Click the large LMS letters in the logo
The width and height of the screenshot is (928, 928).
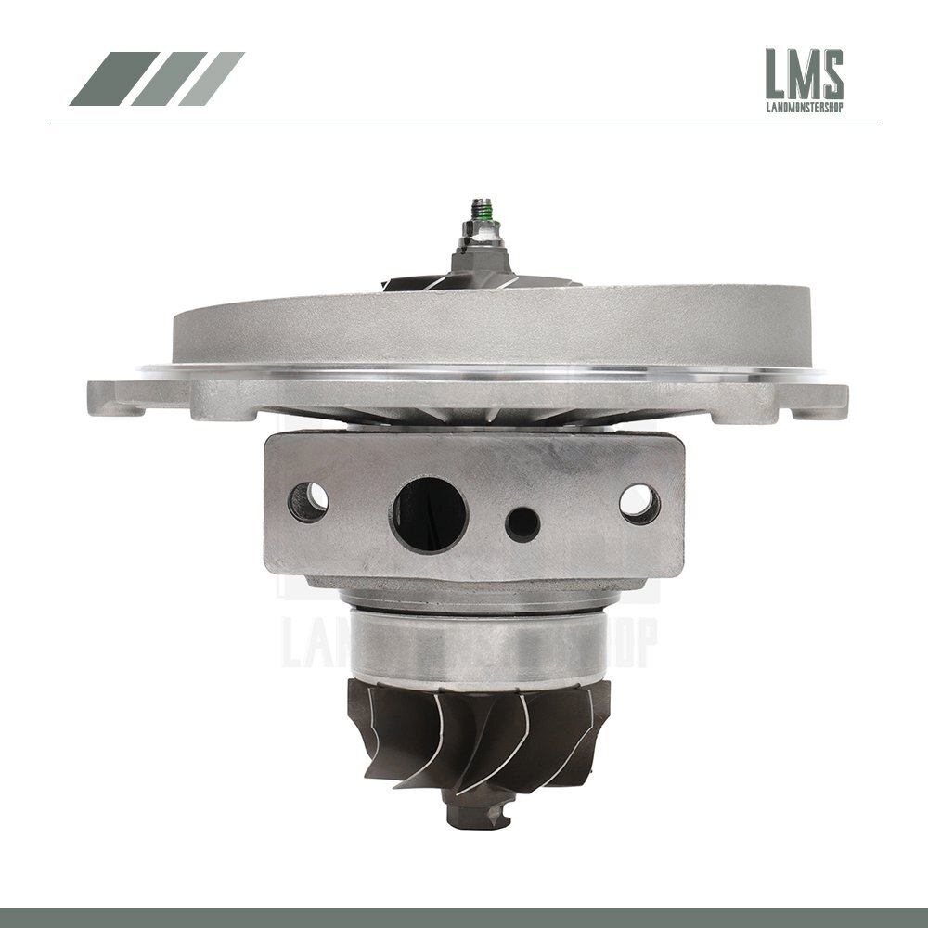tap(804, 76)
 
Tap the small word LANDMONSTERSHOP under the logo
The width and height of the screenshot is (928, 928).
tap(804, 116)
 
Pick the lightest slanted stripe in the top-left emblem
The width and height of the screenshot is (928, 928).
tap(211, 79)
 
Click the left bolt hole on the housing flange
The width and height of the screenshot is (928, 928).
tap(309, 502)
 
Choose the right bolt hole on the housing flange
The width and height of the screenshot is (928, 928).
tap(639, 504)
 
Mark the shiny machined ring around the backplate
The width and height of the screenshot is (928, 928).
tap(483, 374)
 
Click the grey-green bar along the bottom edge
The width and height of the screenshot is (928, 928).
tap(464, 919)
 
